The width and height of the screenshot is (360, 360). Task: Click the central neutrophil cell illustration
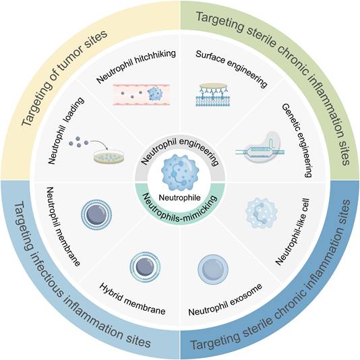[179, 173]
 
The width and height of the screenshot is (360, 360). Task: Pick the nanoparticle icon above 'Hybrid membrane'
[144, 266]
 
